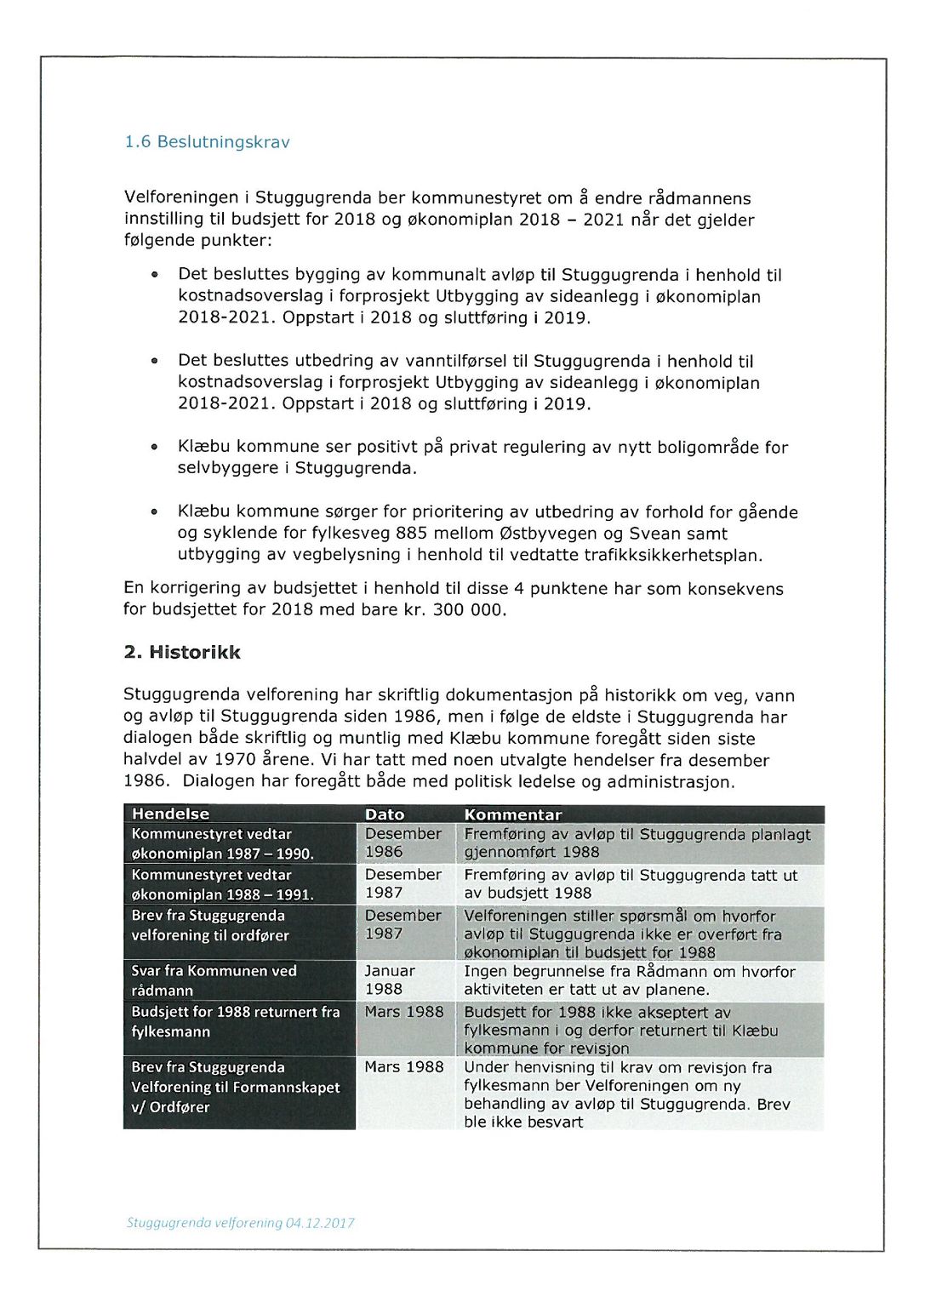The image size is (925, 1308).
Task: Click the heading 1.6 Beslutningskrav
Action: [207, 142]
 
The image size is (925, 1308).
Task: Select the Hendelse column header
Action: [170, 814]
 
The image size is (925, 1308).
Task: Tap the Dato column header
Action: [384, 814]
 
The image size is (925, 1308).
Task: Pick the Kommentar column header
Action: [512, 814]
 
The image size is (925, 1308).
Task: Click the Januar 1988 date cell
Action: [390, 980]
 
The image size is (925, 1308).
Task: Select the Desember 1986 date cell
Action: [403, 842]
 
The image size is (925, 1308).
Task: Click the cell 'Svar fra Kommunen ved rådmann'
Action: [214, 980]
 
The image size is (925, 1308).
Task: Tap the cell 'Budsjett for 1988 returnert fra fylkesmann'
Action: [235, 1021]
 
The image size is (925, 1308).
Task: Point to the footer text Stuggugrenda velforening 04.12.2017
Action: [240, 1223]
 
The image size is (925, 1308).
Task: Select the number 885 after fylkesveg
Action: [412, 534]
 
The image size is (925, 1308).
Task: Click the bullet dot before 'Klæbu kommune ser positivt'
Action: [154, 448]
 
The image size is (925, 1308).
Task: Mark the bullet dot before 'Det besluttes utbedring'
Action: [154, 361]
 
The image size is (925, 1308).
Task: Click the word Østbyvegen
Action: [557, 534]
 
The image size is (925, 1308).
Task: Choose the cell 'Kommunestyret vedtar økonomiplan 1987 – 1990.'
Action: [222, 843]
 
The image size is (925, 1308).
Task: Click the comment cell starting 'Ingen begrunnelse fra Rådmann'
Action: [629, 980]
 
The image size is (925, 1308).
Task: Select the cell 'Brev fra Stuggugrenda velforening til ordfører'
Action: [210, 926]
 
